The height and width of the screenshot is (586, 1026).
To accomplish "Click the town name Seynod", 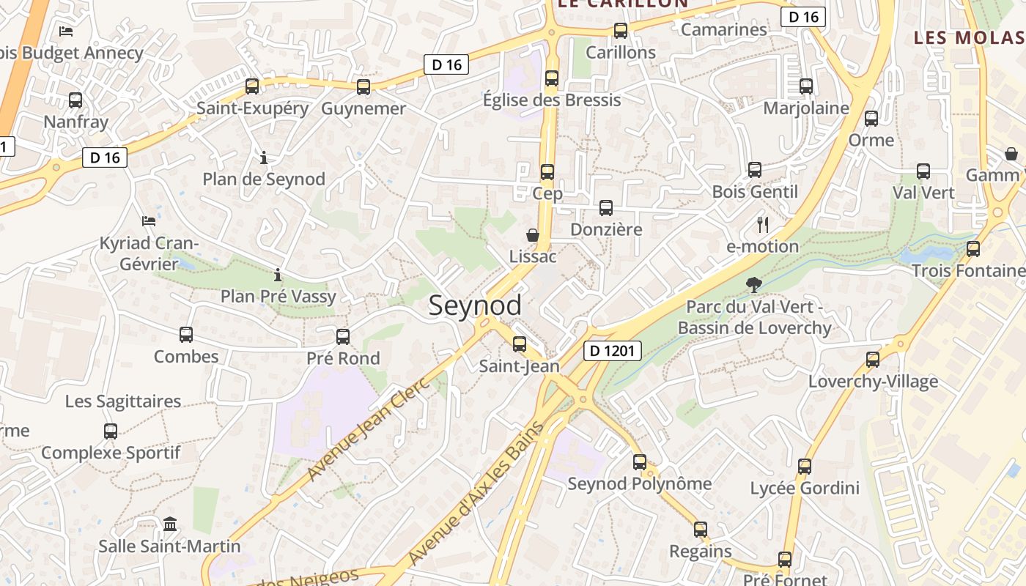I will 475,305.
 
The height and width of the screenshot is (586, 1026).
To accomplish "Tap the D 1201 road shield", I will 613,351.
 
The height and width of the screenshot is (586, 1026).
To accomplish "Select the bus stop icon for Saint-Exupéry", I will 252,86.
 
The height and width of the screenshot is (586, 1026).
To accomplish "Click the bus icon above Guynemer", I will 363,87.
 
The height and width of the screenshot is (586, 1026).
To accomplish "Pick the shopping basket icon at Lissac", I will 533,235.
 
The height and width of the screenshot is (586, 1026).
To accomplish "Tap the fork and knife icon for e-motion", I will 763,225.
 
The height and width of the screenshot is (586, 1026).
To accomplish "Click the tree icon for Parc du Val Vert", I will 753,285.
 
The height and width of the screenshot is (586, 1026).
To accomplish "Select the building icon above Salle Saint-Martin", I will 170,524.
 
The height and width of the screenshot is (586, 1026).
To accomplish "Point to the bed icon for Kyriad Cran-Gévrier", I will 149,220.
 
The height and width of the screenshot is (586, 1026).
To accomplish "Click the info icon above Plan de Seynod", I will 264,157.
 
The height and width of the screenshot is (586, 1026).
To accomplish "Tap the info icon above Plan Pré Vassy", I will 278,275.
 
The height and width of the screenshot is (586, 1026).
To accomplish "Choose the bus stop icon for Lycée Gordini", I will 805,466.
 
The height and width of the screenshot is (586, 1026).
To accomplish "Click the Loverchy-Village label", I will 873,382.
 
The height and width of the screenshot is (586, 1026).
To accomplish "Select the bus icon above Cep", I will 547,172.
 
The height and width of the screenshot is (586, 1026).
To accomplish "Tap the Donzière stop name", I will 606,229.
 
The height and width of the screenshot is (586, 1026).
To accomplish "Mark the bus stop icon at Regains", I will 701,530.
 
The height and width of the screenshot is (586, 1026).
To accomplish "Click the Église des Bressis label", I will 552,100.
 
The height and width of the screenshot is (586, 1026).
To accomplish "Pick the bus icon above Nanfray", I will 75,100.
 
